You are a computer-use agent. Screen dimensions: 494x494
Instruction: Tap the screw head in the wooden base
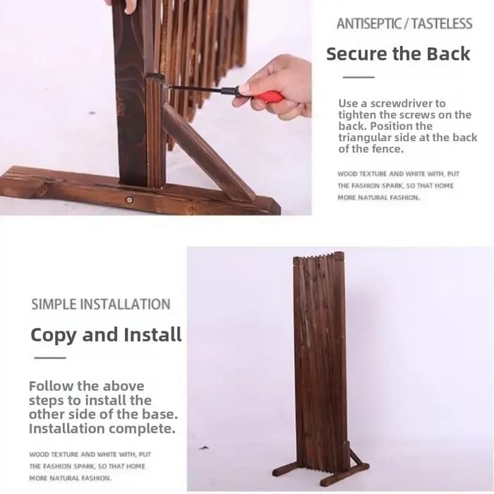[x=129, y=200]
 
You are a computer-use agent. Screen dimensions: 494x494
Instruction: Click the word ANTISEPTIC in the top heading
[x=368, y=23]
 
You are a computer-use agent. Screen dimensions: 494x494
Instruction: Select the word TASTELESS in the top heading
[x=442, y=23]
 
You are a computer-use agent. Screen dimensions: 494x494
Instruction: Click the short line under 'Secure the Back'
[x=359, y=77]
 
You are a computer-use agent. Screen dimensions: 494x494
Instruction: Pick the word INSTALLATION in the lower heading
[x=125, y=304]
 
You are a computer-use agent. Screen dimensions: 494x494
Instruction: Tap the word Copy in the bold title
[x=54, y=335]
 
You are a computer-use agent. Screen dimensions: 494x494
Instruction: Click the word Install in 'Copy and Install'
[x=152, y=335]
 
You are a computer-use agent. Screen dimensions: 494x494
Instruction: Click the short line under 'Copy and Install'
[x=50, y=358]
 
